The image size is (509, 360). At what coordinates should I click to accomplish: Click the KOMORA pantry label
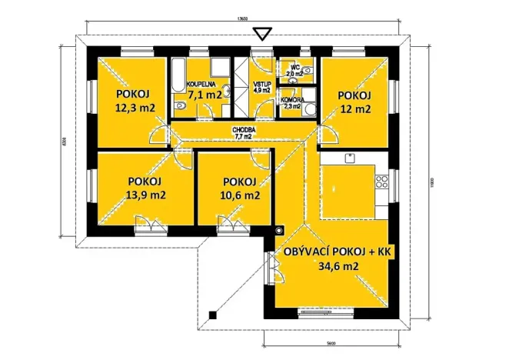[x=291, y=99]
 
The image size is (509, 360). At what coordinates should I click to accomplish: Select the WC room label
[x=294, y=66]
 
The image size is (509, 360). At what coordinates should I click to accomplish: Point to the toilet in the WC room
[x=308, y=71]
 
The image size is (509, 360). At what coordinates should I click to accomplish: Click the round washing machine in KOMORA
[x=308, y=108]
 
